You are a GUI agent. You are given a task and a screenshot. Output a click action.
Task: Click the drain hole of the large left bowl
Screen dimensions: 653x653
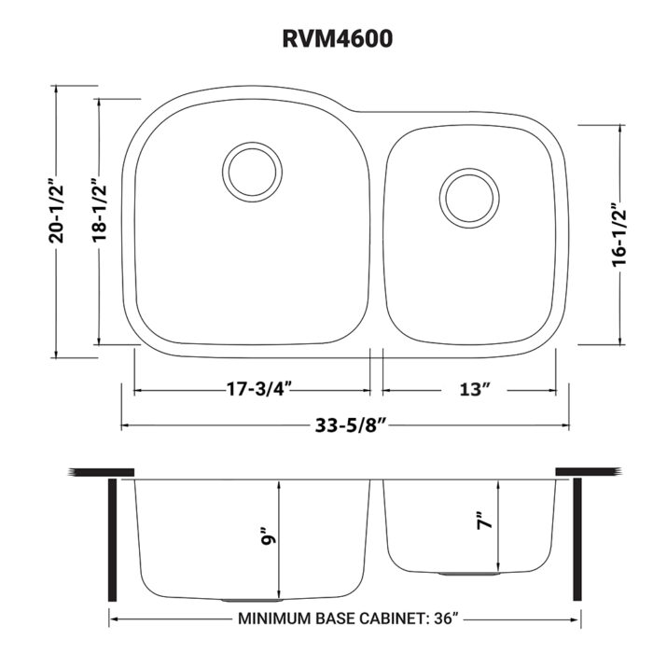coord(252,170)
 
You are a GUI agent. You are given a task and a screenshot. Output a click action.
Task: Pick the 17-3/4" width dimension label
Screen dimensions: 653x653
coord(253,389)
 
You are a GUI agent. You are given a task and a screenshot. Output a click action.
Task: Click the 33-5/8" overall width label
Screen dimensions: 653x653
coord(344,425)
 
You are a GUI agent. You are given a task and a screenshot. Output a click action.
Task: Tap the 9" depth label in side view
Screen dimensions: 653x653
coord(268,538)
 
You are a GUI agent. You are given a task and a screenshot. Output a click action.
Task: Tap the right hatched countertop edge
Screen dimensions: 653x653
coord(587,471)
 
